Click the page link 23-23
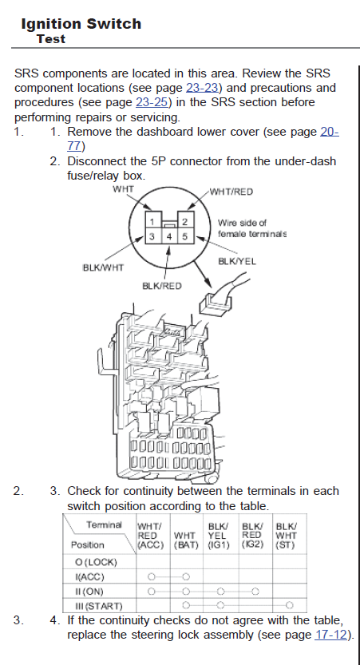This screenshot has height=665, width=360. (x=202, y=88)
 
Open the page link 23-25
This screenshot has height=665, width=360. (x=152, y=102)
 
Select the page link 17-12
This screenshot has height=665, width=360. (x=330, y=635)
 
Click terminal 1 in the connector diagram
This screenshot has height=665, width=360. (x=152, y=221)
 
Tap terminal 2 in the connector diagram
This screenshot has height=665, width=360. (x=185, y=221)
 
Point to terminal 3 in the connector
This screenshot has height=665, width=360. (x=152, y=236)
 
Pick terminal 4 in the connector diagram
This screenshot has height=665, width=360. (x=168, y=236)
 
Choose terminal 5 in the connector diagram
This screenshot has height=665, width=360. (x=185, y=236)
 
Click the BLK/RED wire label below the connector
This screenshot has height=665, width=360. (x=161, y=287)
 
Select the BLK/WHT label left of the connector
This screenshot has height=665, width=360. (x=103, y=267)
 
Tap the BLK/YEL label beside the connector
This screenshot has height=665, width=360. (x=237, y=261)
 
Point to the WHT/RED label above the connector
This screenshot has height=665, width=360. (x=231, y=192)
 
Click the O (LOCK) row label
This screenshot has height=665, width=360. (x=96, y=562)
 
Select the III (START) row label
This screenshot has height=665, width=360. (x=98, y=606)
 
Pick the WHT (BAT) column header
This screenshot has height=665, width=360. (x=186, y=540)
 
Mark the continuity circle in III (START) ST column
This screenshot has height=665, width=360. (x=289, y=605)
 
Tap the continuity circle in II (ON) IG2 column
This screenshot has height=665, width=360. (x=255, y=592)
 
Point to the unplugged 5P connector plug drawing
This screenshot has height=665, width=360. (x=216, y=303)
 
